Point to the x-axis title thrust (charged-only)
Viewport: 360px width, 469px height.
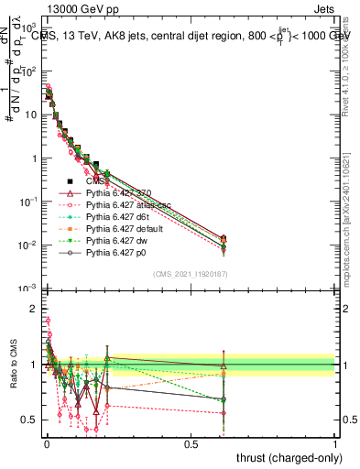(x=285, y=457)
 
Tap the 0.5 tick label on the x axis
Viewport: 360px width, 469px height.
(x=191, y=443)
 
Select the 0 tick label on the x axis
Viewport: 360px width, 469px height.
(x=46, y=443)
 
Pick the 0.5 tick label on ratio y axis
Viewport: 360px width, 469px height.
(x=29, y=420)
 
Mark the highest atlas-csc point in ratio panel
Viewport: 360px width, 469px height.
(x=48, y=321)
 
